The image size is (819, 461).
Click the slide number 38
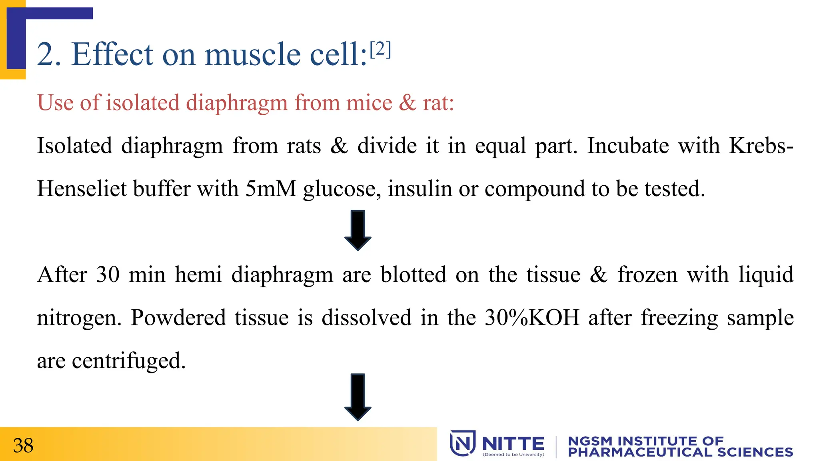(23, 445)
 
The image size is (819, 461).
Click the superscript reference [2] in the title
(380, 50)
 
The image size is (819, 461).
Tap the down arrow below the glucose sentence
(358, 230)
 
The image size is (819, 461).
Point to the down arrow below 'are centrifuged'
(358, 397)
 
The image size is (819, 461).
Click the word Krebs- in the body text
(761, 145)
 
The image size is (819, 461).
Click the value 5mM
(271, 188)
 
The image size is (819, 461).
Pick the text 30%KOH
(532, 318)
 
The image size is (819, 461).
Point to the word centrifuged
(128, 361)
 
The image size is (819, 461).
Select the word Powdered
(178, 318)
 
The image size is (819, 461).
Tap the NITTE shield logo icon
(463, 443)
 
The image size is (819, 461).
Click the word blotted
(413, 275)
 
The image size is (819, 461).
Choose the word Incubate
(628, 145)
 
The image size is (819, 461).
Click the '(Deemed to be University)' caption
(513, 455)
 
